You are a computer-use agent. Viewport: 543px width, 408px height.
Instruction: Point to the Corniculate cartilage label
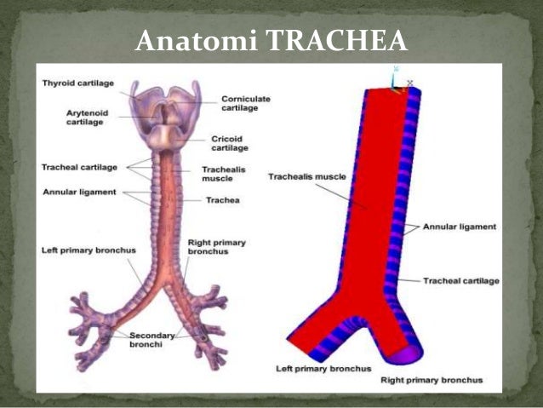[246, 103]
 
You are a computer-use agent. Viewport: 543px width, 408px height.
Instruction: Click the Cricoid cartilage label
[230, 142]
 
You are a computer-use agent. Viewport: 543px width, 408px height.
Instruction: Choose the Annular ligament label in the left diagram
[78, 191]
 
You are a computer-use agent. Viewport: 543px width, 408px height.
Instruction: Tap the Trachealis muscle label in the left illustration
[223, 174]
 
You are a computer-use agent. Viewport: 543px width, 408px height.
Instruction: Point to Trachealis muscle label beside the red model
[306, 177]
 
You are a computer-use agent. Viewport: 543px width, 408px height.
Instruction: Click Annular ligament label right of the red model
[461, 227]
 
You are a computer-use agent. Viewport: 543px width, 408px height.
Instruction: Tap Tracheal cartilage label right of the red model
[461, 280]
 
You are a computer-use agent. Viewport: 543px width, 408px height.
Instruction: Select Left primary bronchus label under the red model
[323, 369]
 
